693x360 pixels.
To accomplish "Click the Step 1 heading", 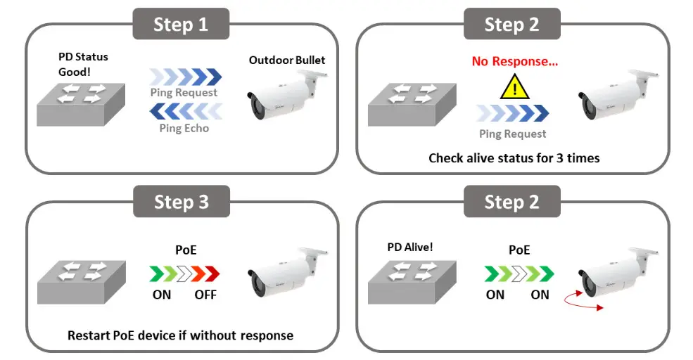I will [x=181, y=25].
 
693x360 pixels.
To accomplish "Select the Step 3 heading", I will [x=181, y=202].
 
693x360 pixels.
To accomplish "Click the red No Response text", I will [x=515, y=61].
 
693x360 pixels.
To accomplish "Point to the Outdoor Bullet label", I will [x=287, y=60].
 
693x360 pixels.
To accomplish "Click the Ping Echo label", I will [x=184, y=128].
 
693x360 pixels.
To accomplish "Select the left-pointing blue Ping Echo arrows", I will [x=185, y=111].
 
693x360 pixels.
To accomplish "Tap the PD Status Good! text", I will [x=83, y=64].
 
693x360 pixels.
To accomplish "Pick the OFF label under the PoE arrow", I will [x=205, y=294].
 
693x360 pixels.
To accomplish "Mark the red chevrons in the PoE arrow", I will [x=204, y=273].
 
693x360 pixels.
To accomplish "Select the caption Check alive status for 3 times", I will [x=514, y=157].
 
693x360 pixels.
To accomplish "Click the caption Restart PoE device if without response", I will [x=180, y=335].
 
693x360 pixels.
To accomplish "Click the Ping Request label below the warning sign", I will [x=512, y=134].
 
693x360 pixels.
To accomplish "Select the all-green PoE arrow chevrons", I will [x=519, y=273].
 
